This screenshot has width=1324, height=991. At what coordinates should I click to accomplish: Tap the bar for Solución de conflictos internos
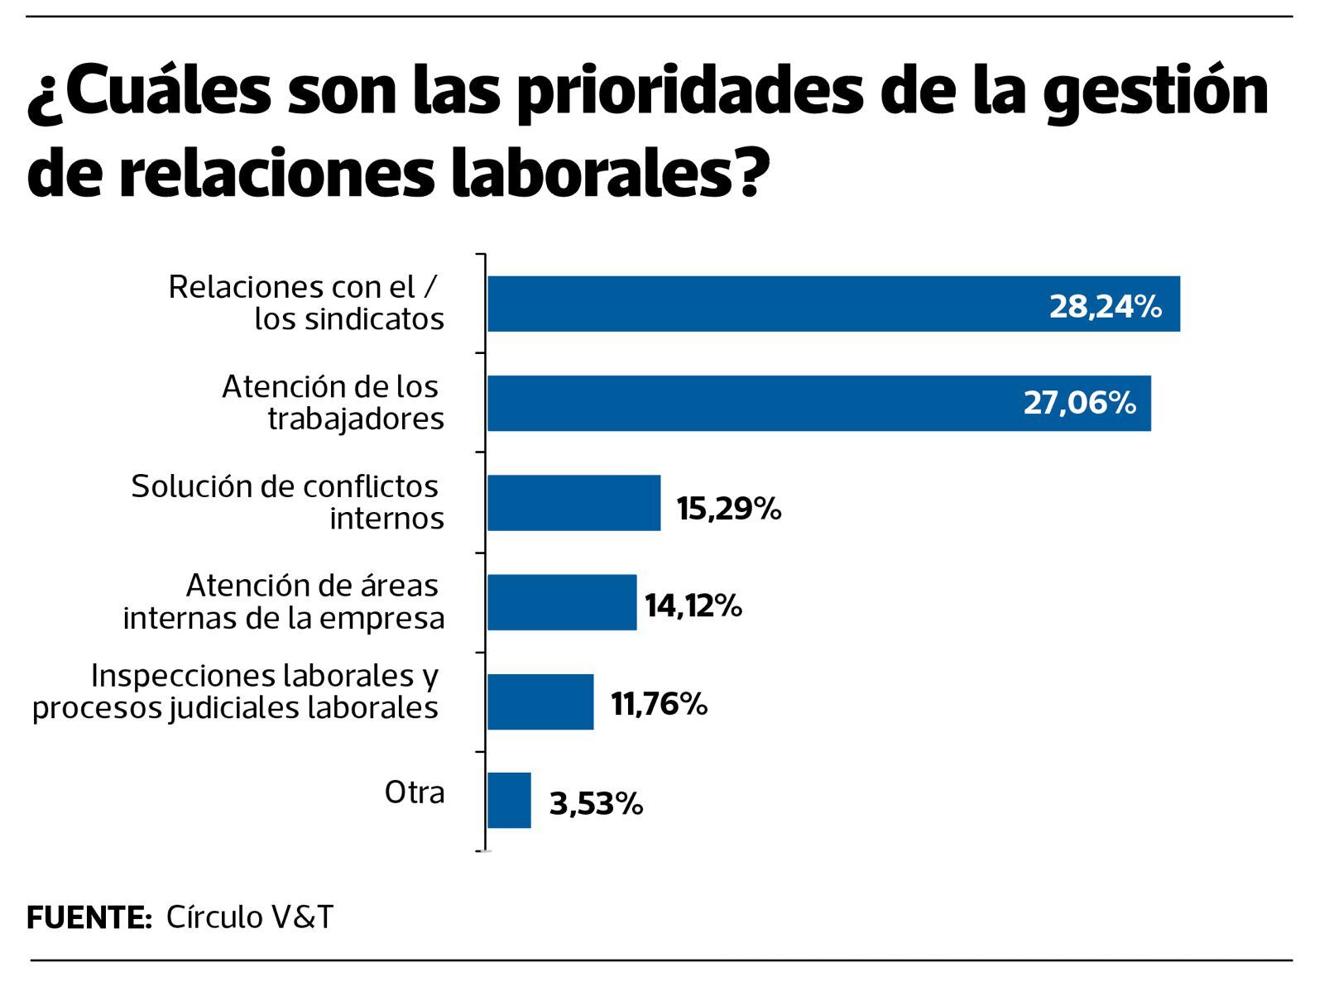573,503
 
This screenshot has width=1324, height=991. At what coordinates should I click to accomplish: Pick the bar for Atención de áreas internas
562,602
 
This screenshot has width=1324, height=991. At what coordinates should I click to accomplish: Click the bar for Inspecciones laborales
540,701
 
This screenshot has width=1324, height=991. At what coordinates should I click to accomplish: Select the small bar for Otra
509,801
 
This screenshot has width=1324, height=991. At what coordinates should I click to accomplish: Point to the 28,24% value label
1106,306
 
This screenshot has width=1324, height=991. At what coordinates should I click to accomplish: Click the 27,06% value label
1080,403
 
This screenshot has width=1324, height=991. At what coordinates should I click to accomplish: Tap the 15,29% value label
728,508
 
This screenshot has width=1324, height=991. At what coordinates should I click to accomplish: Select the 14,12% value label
693,606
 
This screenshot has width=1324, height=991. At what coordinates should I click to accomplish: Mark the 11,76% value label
659,704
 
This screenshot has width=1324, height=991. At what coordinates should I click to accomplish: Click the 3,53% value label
596,803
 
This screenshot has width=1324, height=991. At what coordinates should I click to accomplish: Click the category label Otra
414,792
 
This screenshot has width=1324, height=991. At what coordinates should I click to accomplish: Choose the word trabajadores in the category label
356,419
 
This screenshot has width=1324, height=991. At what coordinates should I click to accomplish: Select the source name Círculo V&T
250,917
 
